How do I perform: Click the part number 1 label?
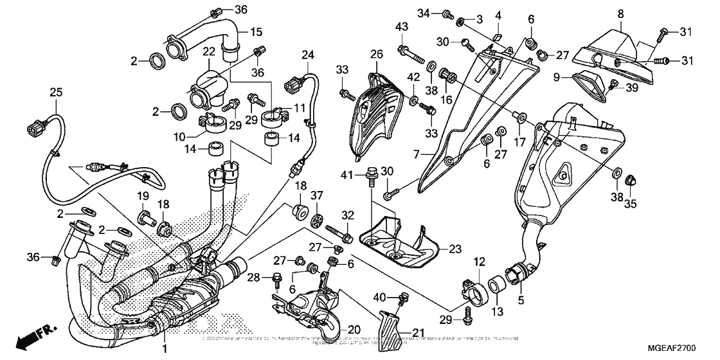click(165, 348)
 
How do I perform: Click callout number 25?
click(56, 93)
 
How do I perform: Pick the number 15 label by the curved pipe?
click(256, 32)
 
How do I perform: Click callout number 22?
click(210, 51)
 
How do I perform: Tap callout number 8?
click(620, 14)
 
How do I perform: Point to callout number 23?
click(455, 248)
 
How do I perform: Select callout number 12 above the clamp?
click(480, 261)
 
